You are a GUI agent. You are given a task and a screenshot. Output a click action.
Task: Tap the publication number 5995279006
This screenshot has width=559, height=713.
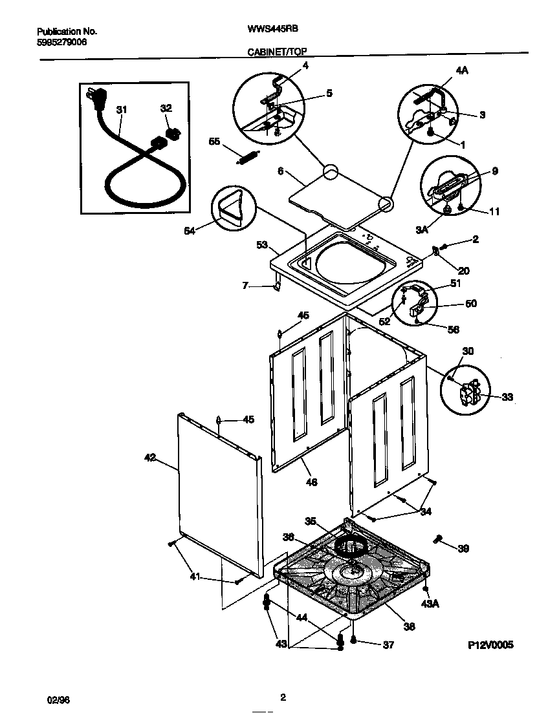tap(62, 42)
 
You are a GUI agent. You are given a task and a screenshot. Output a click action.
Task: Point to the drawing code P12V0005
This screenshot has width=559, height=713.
tap(490, 645)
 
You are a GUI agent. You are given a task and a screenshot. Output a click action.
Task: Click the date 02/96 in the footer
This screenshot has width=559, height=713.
tap(58, 700)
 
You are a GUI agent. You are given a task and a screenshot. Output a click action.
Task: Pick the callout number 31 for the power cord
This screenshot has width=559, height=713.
tap(122, 110)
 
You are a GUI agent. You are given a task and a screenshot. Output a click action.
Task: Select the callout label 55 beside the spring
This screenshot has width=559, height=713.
tap(214, 141)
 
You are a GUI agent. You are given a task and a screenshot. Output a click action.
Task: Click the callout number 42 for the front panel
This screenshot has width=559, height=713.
tap(149, 458)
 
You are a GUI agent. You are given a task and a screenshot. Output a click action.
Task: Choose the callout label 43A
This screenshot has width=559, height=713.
tap(430, 604)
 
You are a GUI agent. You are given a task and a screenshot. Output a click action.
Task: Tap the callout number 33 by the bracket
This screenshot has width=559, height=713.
tap(507, 397)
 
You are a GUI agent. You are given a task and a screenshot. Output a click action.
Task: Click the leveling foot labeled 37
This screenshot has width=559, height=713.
tap(354, 640)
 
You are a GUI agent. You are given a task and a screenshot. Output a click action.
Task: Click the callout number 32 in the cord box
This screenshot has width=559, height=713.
tap(166, 109)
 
